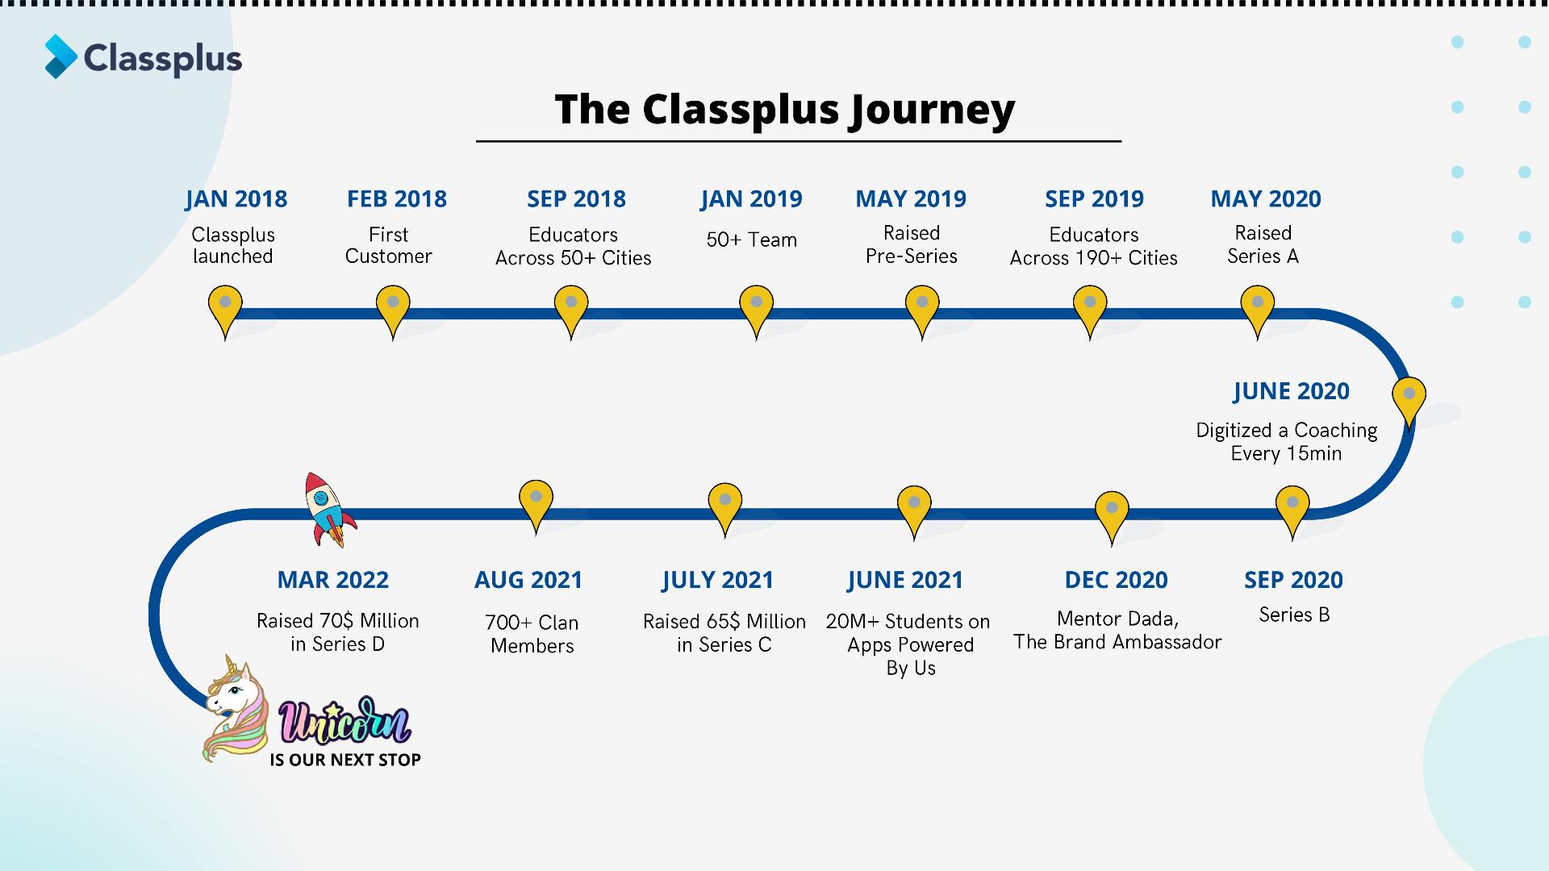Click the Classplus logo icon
(61, 56)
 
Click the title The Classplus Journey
(784, 110)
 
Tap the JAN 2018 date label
(236, 198)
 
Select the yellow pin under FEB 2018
(393, 307)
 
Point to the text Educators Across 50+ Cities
(573, 246)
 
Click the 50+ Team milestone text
(751, 240)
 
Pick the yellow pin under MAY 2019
(922, 307)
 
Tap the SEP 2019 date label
(1094, 198)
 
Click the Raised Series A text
(1263, 244)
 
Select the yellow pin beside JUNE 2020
(1409, 398)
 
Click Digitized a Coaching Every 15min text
(1286, 442)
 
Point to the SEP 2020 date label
(1293, 580)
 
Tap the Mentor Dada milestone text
(1117, 630)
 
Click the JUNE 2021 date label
(904, 580)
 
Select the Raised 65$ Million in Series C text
(724, 633)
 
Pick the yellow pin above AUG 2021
(536, 502)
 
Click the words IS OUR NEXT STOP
(345, 760)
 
